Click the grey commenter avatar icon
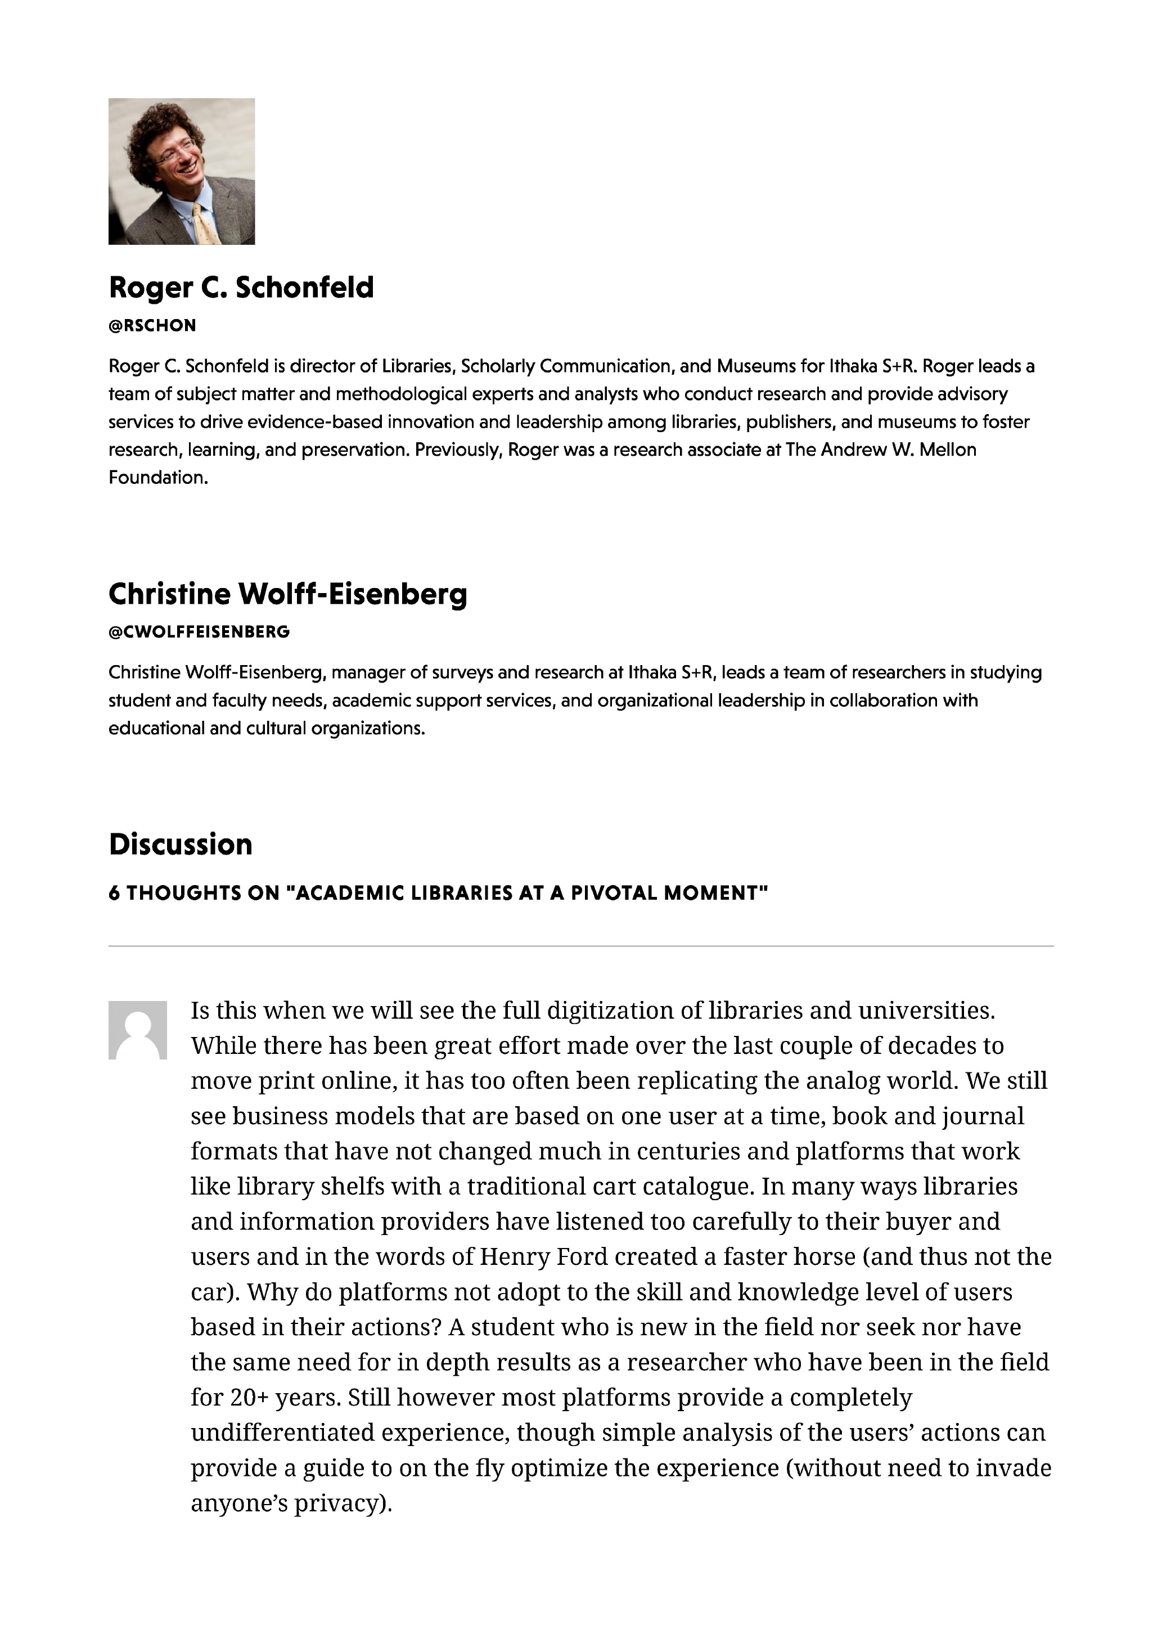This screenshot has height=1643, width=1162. click(x=137, y=1030)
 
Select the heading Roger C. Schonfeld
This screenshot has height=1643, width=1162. click(x=241, y=287)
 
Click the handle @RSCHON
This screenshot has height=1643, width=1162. click(x=152, y=326)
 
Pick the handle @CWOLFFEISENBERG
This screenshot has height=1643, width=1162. click(x=200, y=632)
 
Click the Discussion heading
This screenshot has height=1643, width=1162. click(x=181, y=845)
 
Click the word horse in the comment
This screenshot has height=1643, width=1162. click(x=823, y=1256)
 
